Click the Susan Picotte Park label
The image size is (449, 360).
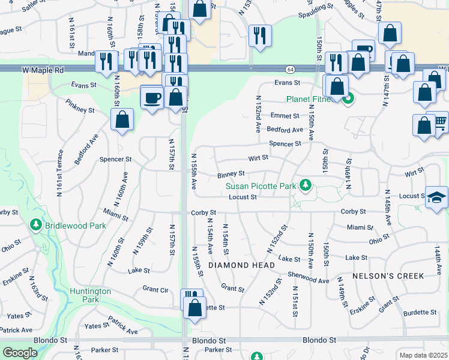tap(261, 186)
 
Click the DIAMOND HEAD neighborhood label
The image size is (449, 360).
tap(242, 265)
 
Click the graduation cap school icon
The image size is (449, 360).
tap(436, 196)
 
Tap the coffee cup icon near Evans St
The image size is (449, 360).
tap(152, 96)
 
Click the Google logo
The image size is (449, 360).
tap(20, 353)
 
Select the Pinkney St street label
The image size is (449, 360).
tap(80, 106)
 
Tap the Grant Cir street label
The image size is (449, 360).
tap(155, 289)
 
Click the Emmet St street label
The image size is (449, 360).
tap(285, 116)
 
